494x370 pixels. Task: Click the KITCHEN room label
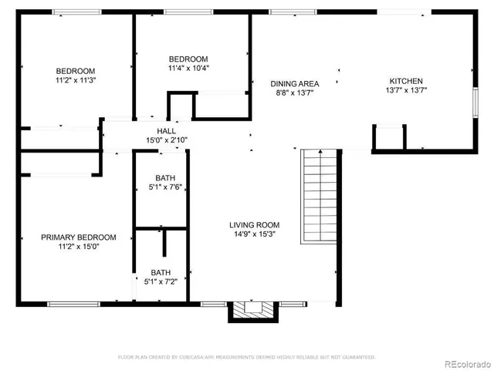coord(405,81)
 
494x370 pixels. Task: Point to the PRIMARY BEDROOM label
coord(79,237)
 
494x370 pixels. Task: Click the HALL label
coord(166,131)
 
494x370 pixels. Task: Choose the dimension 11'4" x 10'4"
coord(188,68)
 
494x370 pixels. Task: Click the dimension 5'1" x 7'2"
coord(162,282)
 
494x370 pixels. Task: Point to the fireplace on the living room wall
coord(252,310)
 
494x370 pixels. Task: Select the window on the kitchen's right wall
coord(474,102)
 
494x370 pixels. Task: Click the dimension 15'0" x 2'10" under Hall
coord(166,140)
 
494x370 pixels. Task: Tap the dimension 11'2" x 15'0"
coord(79,247)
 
